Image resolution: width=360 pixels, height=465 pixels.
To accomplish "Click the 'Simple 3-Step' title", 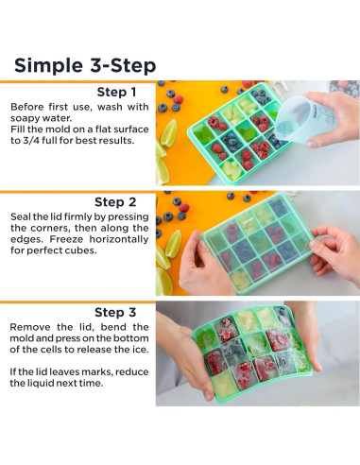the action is (x=85, y=66).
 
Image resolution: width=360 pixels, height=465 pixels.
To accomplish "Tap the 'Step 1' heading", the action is (x=116, y=92).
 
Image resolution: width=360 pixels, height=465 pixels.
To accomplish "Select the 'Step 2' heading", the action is (x=115, y=202).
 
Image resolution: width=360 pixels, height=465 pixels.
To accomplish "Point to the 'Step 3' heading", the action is (x=115, y=313).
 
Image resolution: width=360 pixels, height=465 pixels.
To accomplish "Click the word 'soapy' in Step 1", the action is (x=26, y=119).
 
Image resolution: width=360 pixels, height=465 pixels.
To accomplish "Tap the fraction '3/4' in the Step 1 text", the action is (x=30, y=141).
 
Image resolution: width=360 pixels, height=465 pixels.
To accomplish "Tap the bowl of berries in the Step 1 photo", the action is (x=345, y=88).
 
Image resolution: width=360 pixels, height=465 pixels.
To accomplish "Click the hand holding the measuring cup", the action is (x=334, y=120).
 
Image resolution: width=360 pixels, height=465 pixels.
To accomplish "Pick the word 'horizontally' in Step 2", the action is (x=119, y=239).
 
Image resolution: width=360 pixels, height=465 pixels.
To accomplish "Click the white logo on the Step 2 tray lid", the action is (x=247, y=221).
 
